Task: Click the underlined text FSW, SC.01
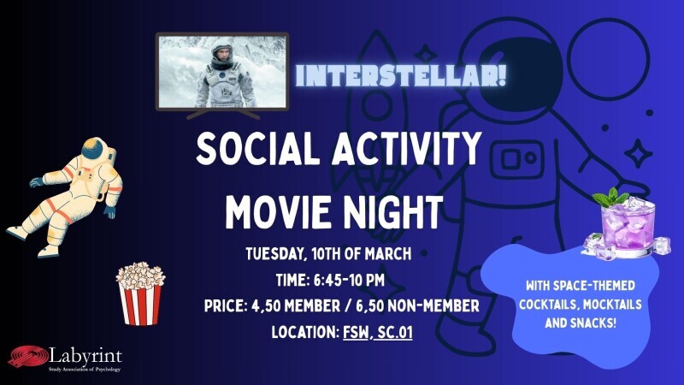[377, 330]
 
